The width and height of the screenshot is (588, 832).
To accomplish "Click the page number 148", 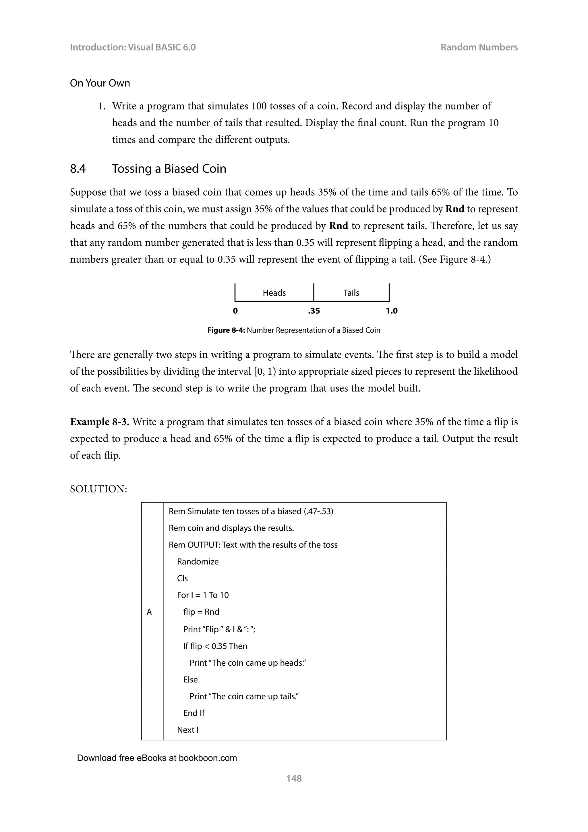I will click(x=294, y=778).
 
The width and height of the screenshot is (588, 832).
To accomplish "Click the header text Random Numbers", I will click(x=479, y=47).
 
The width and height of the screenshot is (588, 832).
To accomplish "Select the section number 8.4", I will click(x=78, y=169).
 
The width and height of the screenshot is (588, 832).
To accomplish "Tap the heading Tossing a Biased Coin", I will click(x=169, y=169).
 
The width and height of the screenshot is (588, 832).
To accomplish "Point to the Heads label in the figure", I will click(x=274, y=293).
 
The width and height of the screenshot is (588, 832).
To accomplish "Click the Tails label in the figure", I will click(x=351, y=293).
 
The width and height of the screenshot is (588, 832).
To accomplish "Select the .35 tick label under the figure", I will click(x=314, y=311).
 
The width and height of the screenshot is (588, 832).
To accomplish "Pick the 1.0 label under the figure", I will click(x=391, y=311).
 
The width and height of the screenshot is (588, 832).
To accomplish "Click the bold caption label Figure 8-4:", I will click(x=226, y=330).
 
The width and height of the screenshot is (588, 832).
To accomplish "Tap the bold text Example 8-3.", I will click(x=100, y=422).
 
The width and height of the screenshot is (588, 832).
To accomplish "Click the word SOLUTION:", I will click(x=98, y=489).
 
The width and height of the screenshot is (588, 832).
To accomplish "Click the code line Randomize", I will click(x=198, y=562).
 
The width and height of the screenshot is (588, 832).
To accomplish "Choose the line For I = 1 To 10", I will click(x=203, y=595).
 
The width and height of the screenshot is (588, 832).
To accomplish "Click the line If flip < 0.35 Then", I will click(x=215, y=646).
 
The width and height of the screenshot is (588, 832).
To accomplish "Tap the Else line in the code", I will click(x=190, y=679).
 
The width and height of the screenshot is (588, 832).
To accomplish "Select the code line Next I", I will click(x=187, y=730).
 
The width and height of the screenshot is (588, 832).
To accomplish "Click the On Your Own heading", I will click(x=100, y=83).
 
